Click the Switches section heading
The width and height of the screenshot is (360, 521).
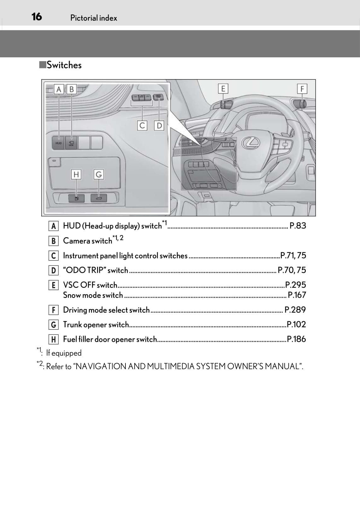click(64, 65)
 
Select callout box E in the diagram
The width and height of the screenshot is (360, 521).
click(223, 89)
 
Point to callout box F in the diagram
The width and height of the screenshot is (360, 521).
click(302, 89)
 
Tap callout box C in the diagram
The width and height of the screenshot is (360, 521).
click(142, 126)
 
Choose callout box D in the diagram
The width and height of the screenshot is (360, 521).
click(159, 126)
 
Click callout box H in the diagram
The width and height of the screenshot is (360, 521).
click(76, 174)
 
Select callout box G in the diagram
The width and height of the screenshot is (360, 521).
click(99, 174)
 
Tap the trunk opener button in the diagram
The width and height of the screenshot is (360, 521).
click(99, 198)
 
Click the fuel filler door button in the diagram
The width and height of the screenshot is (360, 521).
click(76, 198)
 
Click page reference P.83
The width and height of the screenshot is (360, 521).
click(298, 226)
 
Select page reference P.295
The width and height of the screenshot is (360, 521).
click(295, 285)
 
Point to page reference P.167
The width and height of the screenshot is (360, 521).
click(297, 295)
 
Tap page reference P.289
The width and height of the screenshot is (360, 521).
click(295, 310)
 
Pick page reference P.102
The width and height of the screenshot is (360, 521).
click(296, 324)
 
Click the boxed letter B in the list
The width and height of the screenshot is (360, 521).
click(54, 241)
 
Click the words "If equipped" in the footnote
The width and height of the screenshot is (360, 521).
click(64, 353)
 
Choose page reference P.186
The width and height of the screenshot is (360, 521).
click(296, 339)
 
